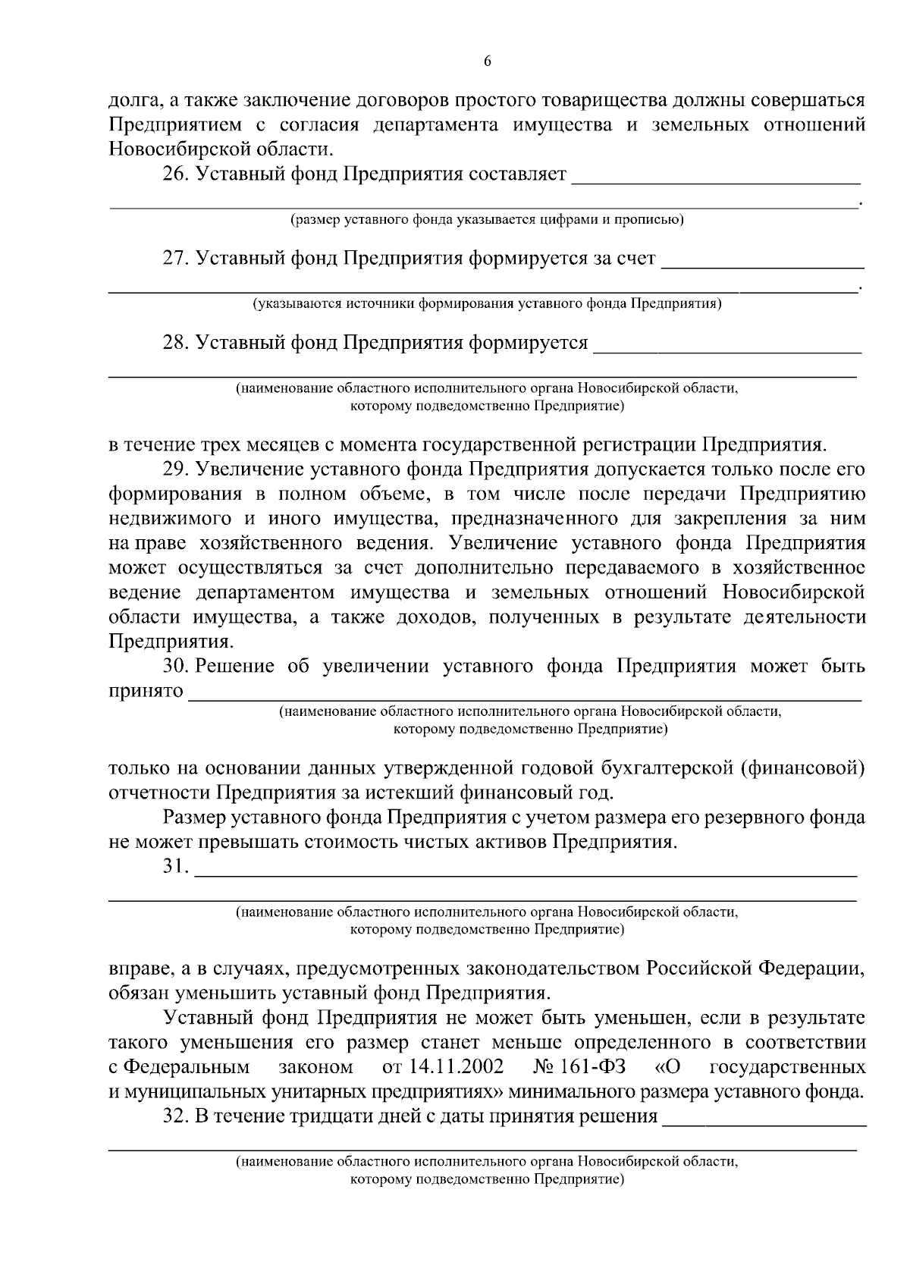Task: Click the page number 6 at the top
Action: pyautogui.click(x=487, y=61)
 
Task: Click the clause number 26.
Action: pyautogui.click(x=175, y=175)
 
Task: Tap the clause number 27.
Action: pyautogui.click(x=175, y=259)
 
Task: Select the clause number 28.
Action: pyautogui.click(x=175, y=343)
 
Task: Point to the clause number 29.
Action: pyautogui.click(x=175, y=469)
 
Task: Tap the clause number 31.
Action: pyautogui.click(x=174, y=867)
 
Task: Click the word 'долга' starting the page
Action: pyautogui.click(x=134, y=101)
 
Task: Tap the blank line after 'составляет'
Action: pyautogui.click(x=716, y=180)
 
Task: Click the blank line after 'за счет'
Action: pyautogui.click(x=763, y=265)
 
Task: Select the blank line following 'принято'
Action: pyautogui.click(x=523, y=697)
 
